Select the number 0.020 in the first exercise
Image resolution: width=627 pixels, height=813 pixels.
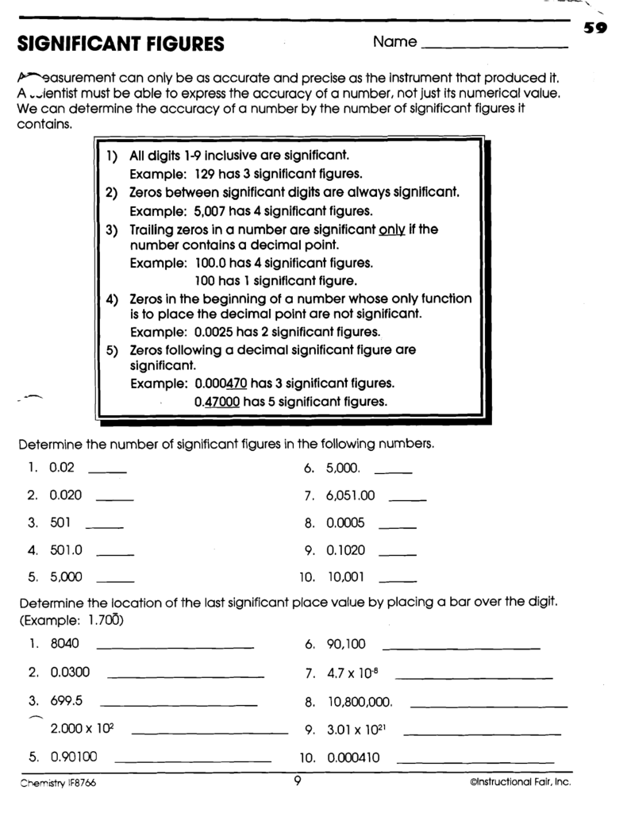(66, 495)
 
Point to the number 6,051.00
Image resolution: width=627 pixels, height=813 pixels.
(349, 495)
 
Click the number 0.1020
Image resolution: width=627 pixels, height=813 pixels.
(345, 549)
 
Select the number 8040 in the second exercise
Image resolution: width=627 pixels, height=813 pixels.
(64, 644)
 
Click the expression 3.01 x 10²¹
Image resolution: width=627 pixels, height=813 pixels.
(355, 730)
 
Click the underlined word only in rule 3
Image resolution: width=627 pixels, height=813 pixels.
(392, 229)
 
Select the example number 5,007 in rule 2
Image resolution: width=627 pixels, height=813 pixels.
(210, 211)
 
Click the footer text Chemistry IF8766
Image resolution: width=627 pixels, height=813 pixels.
(59, 783)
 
